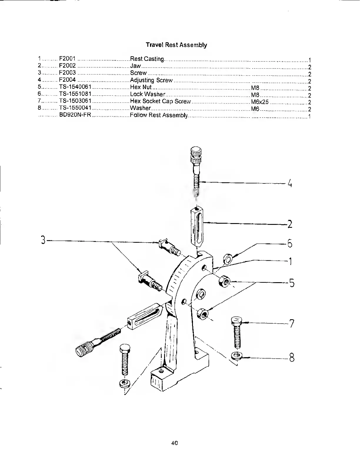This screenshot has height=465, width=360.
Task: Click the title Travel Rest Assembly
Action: point(176,45)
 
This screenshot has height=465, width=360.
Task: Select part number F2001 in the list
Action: point(67,59)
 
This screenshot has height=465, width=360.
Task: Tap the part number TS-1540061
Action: point(75,87)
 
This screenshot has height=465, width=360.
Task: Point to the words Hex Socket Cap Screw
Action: point(160,101)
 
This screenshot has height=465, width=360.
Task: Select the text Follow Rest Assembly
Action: point(159,115)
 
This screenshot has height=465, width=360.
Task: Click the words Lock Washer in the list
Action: point(147,94)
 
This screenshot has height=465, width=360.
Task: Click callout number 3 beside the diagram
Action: point(43,240)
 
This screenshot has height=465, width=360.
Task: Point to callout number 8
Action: point(291,358)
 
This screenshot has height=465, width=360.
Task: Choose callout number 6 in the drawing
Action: point(290,243)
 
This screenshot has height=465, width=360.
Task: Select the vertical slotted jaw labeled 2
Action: point(196,226)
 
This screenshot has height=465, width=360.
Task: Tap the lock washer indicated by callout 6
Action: point(228,259)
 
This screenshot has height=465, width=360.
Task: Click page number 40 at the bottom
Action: point(175,443)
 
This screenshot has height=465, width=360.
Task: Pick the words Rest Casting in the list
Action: point(147,59)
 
